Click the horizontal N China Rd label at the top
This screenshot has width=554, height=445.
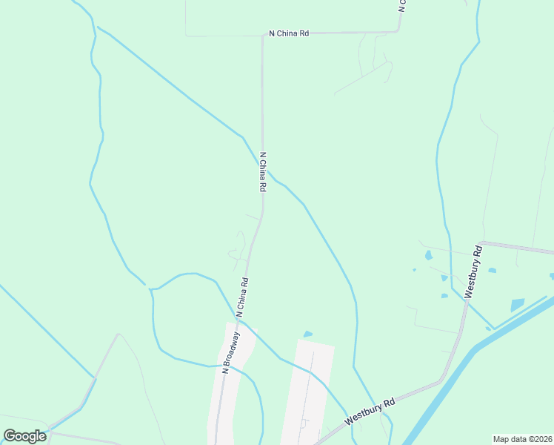click(x=289, y=33)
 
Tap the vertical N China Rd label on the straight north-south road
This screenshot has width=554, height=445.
click(x=262, y=172)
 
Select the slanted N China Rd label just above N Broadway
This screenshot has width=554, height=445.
click(x=242, y=297)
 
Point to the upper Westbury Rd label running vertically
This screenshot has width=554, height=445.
click(x=473, y=272)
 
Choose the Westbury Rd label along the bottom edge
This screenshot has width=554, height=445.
click(x=370, y=411)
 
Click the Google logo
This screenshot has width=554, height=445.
click(x=24, y=436)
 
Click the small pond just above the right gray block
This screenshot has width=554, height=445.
click(x=308, y=334)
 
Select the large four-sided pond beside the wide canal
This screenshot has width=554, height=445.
click(x=517, y=305)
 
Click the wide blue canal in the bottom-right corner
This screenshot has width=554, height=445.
click(x=474, y=371)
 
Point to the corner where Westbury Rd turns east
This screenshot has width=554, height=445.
click(x=478, y=244)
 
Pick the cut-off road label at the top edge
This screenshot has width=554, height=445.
click(x=402, y=6)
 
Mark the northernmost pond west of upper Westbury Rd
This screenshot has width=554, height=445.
click(x=428, y=255)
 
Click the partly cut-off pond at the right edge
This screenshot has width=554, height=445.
click(x=551, y=277)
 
